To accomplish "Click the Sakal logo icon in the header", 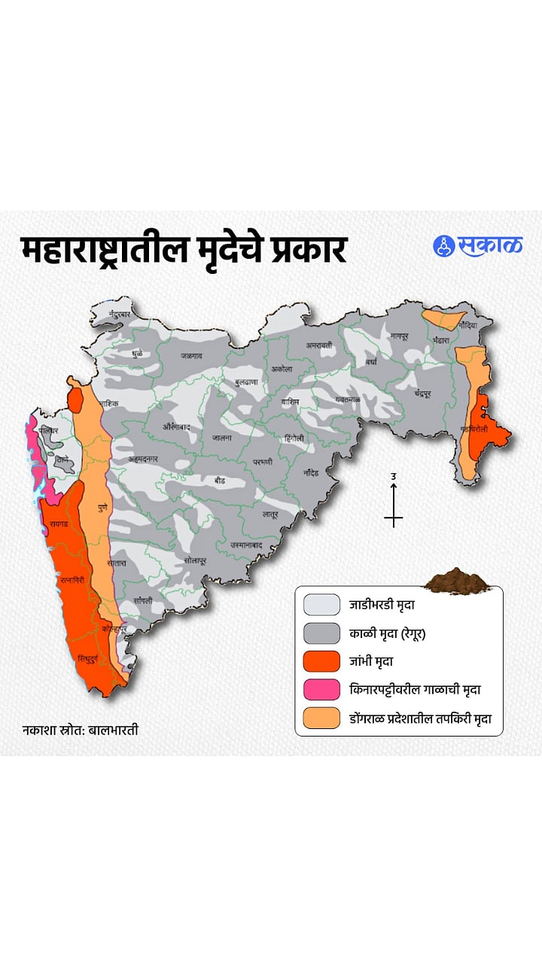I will pos(444,246).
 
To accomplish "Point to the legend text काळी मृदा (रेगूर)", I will pos(388,633).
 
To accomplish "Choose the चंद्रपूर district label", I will pos(427,393).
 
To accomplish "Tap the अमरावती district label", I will pos(318,345).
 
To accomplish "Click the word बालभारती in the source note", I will pos(114,730).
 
